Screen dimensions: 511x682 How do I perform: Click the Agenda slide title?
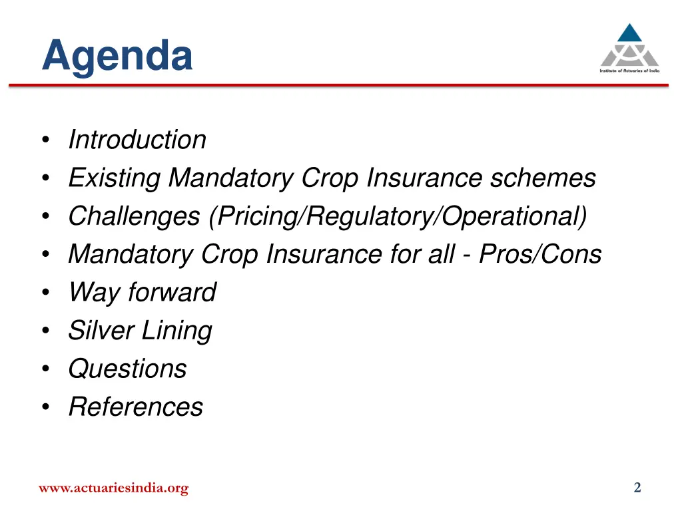(117, 56)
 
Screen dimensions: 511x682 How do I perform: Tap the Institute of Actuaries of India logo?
(629, 49)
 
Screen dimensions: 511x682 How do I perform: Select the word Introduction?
(137, 140)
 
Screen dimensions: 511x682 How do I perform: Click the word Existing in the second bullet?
(115, 178)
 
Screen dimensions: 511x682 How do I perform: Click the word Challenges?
(135, 216)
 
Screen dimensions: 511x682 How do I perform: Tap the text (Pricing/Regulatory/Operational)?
(398, 216)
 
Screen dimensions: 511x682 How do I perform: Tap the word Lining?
(179, 331)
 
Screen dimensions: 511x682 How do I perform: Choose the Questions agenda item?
(128, 369)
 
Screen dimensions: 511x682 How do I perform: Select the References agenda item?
(136, 407)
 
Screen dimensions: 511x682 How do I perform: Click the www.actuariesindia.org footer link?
(113, 488)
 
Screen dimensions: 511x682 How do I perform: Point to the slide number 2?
(637, 488)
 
